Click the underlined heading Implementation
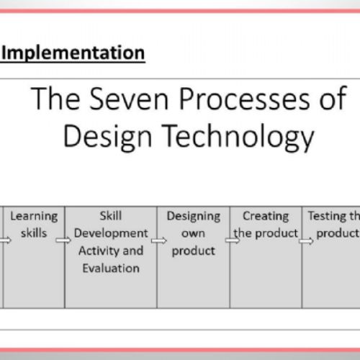(x=75, y=53)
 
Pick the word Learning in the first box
(x=34, y=215)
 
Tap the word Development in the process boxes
(x=111, y=233)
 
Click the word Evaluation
(x=111, y=268)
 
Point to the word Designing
(x=194, y=215)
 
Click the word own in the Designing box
(x=194, y=233)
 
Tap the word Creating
(x=265, y=215)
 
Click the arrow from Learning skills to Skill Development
(x=68, y=240)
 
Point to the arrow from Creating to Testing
(x=306, y=240)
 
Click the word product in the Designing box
(x=194, y=251)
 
